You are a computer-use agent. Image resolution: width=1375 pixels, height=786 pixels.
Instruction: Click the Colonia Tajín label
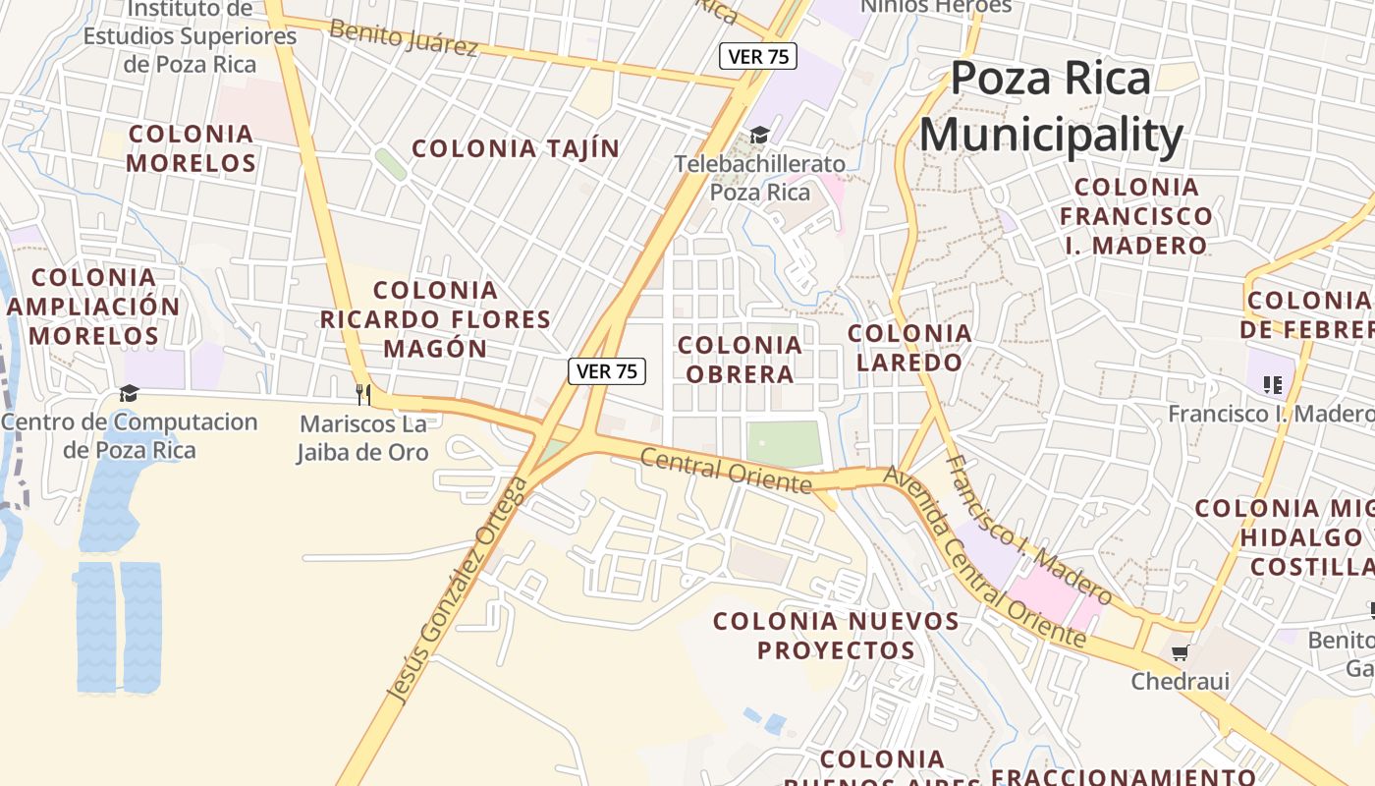coord(516,149)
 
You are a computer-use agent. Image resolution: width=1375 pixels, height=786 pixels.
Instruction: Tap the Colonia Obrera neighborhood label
coord(740,360)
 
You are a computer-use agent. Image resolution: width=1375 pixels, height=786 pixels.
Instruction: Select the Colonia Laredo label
coord(909,348)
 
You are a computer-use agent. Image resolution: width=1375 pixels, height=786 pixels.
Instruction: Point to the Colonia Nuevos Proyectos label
coord(836,636)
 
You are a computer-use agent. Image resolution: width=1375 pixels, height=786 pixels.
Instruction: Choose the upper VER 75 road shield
coord(758,56)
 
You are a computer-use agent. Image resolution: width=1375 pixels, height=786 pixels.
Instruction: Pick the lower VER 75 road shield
coord(607,370)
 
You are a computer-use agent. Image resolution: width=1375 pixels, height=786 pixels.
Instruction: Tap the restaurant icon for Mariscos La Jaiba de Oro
coord(363,394)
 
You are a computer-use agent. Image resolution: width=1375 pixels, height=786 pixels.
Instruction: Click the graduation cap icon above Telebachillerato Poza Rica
coord(759,134)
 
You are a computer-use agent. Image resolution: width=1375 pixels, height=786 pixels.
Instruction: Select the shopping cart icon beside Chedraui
coord(1181,652)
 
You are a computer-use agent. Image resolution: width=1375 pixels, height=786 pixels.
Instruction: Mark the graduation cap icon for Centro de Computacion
coord(129,393)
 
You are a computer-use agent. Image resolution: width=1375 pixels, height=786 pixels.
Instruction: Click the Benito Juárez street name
coord(404,37)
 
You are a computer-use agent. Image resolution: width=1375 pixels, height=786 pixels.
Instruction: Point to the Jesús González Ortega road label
coord(458,589)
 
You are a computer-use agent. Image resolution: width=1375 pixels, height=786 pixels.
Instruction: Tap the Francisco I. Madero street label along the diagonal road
coord(1027,531)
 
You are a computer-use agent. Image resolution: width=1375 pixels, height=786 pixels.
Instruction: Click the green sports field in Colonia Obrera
coord(783,444)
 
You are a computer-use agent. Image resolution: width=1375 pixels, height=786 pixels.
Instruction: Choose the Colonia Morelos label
coord(192,148)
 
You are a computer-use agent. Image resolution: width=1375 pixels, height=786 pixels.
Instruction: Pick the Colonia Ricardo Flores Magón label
coord(435,319)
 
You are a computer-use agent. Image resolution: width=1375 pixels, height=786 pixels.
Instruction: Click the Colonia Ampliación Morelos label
coord(94,307)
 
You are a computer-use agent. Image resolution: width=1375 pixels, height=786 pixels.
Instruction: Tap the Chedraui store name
coord(1180,681)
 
